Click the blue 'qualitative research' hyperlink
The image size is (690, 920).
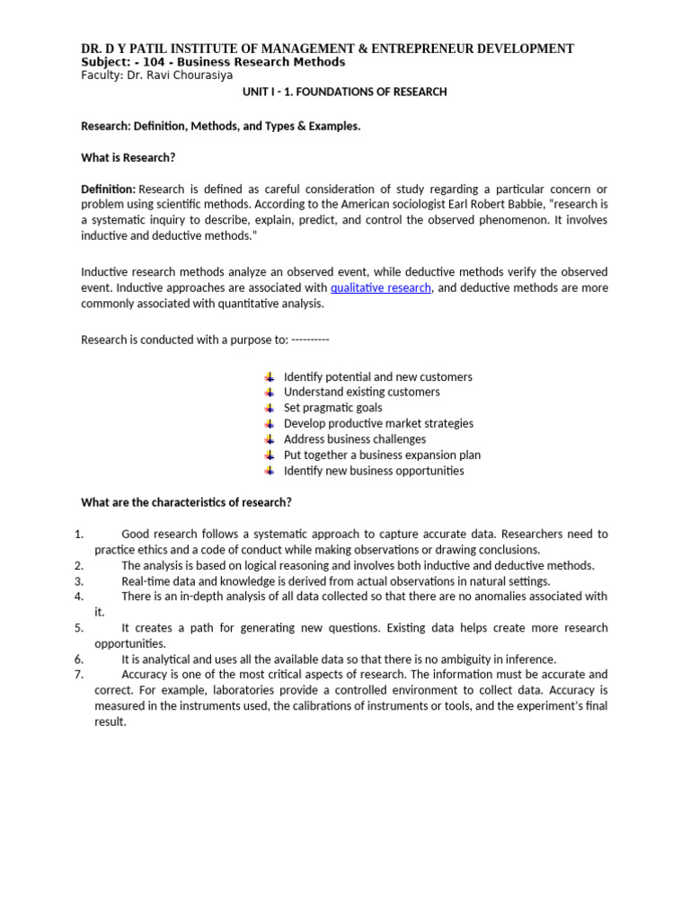(x=381, y=287)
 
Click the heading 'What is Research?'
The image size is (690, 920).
(x=128, y=157)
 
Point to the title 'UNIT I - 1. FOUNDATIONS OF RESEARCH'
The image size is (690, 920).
(x=345, y=92)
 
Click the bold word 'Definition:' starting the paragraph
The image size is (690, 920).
(x=108, y=189)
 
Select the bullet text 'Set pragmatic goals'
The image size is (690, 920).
(x=332, y=408)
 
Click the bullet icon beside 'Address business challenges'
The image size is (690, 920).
(x=270, y=439)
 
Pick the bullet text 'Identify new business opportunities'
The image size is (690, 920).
(x=374, y=471)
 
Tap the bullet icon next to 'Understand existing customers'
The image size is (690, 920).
(x=270, y=392)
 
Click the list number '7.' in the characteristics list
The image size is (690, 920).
(x=78, y=674)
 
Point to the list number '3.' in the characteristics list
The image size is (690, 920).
(x=78, y=581)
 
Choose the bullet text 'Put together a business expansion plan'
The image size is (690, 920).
(x=382, y=455)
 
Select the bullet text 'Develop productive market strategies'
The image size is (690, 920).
(x=378, y=423)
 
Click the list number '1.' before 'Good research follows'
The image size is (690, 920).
(x=78, y=535)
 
